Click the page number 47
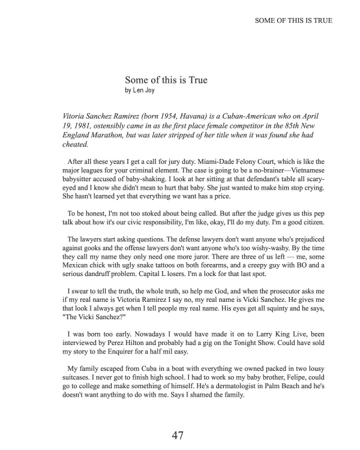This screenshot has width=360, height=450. [x=177, y=435]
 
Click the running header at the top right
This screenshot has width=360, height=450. [x=293, y=20]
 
